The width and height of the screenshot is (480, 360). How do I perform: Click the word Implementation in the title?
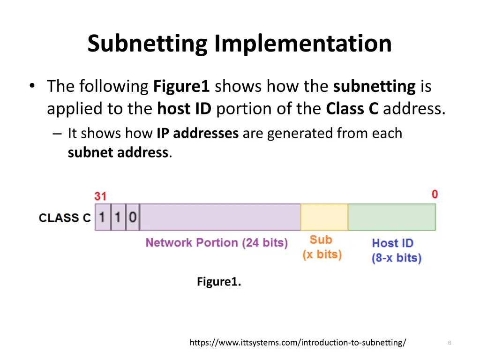(x=303, y=44)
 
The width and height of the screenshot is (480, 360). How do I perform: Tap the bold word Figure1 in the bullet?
(x=181, y=87)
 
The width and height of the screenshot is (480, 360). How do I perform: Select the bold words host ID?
(x=184, y=109)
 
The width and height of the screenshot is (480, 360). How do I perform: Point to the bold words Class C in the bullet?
(x=352, y=109)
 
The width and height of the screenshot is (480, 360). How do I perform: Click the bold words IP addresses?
(x=197, y=134)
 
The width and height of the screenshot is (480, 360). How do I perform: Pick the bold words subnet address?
(x=118, y=152)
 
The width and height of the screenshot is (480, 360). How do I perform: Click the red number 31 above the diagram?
(x=100, y=196)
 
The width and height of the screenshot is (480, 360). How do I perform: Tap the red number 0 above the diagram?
(x=435, y=194)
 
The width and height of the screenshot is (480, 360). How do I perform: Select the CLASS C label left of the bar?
(x=65, y=217)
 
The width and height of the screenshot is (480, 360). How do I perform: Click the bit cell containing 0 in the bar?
(x=133, y=217)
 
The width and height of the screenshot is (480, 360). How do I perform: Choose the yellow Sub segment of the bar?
(x=324, y=217)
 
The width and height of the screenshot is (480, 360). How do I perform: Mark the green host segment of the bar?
(x=391, y=217)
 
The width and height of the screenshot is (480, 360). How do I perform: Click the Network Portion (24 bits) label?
(x=217, y=243)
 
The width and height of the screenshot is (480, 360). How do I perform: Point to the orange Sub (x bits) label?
(x=322, y=247)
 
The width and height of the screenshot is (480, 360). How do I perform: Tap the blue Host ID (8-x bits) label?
(x=397, y=250)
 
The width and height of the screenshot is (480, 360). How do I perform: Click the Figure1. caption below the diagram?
(x=219, y=282)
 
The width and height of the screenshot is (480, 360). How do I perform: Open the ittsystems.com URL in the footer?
(x=298, y=343)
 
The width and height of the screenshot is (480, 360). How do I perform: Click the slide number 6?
(x=449, y=344)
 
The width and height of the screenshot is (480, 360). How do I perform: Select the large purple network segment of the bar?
(x=220, y=217)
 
